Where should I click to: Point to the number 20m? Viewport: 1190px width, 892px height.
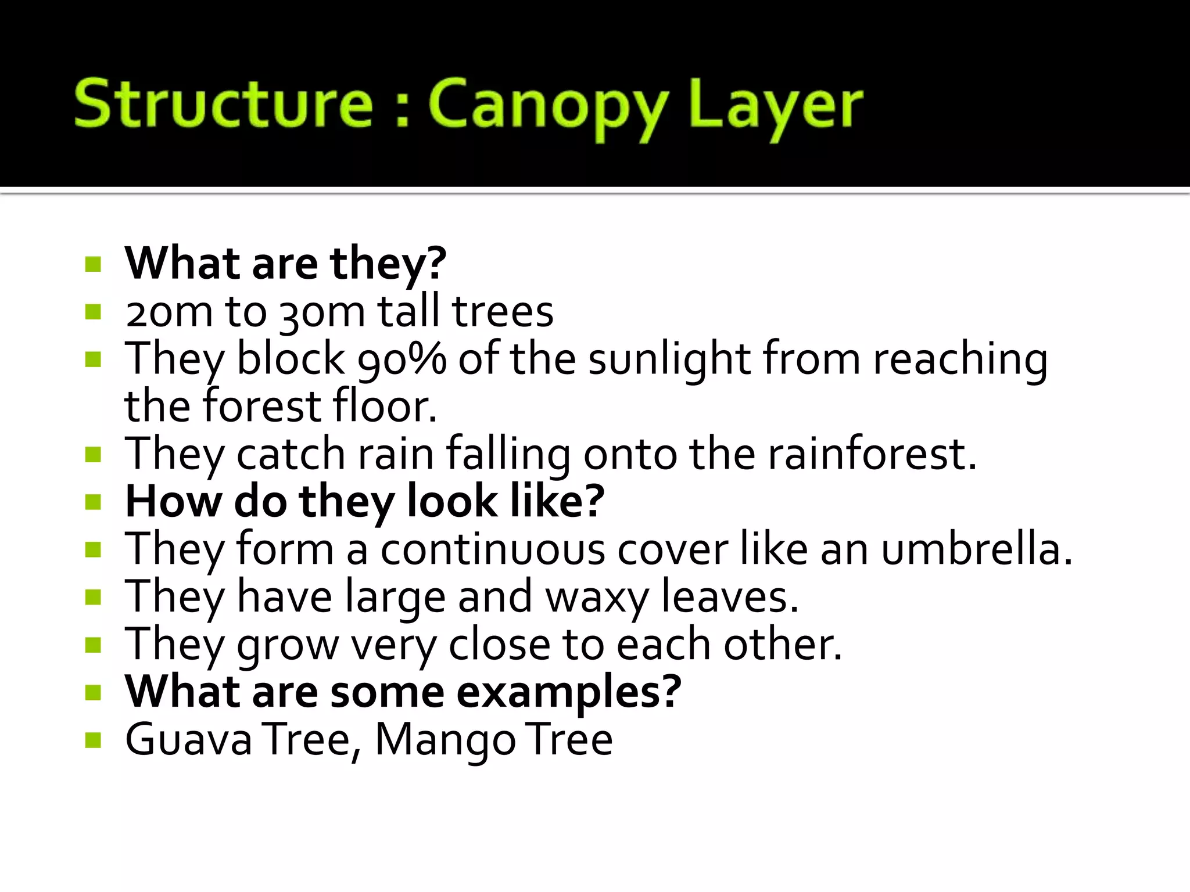pyautogui.click(x=169, y=312)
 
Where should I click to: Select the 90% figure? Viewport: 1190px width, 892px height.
pyautogui.click(x=402, y=359)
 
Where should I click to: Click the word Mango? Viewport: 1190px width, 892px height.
pyautogui.click(x=445, y=741)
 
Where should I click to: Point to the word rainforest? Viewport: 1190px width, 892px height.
pyautogui.click(x=872, y=454)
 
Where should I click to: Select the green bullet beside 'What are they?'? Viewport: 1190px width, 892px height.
pyautogui.click(x=93, y=265)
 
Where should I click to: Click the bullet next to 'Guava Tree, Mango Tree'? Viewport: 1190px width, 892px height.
pyautogui.click(x=93, y=740)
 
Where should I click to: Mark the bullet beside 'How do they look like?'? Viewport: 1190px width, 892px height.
pyautogui.click(x=93, y=501)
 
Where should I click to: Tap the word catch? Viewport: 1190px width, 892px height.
pyautogui.click(x=291, y=454)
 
